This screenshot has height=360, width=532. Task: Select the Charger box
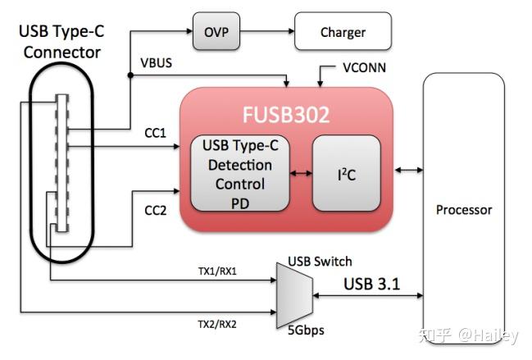pos(343,33)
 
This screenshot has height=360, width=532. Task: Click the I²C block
pos(346,173)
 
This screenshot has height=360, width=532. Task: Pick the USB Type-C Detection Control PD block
pos(240,173)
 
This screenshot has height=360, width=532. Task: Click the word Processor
pos(464,210)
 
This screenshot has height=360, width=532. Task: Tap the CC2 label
pos(157,210)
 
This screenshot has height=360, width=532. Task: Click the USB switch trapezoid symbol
pos(294,295)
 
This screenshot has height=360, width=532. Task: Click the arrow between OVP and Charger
pos(271,33)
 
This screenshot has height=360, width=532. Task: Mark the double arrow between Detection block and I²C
pos(302,173)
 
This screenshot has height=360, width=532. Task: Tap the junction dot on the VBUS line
pos(130,76)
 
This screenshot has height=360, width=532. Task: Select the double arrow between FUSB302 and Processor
pos(407,170)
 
